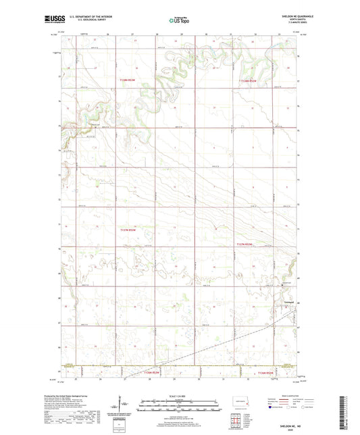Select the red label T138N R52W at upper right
point(249,81)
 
